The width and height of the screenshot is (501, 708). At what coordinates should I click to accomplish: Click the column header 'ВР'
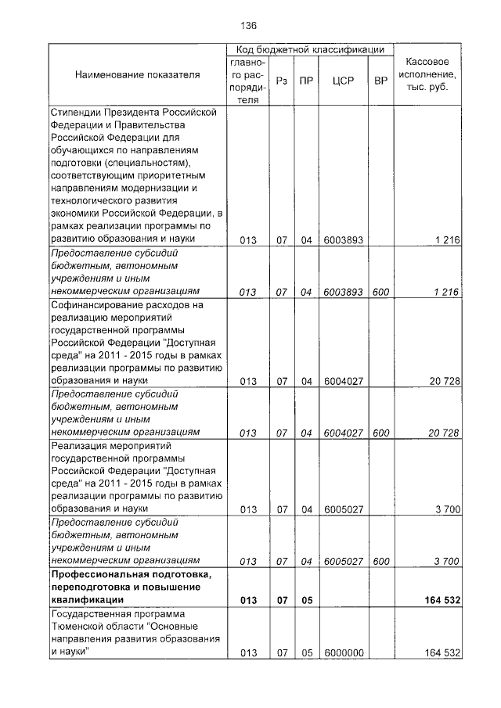point(381,80)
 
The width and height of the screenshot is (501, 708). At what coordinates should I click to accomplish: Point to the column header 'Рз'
point(282,80)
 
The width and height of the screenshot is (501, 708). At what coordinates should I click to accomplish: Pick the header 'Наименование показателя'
point(137,75)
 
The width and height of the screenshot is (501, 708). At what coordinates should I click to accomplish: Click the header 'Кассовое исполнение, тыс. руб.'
point(427,75)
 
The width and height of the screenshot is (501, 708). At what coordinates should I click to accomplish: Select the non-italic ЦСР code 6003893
point(343,240)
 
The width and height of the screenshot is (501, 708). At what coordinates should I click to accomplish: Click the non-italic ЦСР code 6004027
point(343,381)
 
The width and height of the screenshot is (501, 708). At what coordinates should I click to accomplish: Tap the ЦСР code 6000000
point(343,652)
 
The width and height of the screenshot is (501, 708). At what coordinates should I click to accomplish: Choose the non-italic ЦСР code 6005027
point(343,509)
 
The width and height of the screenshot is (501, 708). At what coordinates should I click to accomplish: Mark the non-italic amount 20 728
point(443,381)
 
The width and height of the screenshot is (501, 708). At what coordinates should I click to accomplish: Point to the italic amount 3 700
point(445,561)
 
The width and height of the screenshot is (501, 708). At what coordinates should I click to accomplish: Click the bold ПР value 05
point(306,601)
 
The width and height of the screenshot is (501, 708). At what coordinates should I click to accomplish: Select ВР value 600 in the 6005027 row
point(381,561)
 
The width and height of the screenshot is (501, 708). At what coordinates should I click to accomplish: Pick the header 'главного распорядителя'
point(248,80)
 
